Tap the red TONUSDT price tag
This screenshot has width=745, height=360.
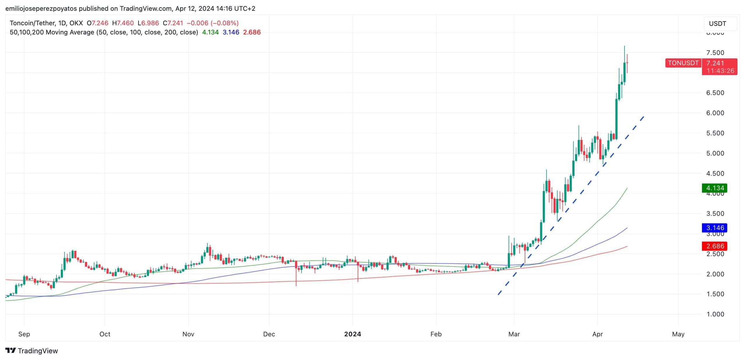(x=683, y=63)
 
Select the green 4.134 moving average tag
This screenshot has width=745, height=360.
(x=715, y=188)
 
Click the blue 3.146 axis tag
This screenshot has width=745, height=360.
(x=715, y=228)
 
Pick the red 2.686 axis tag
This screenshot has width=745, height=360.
(x=715, y=246)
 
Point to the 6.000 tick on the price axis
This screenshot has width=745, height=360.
(x=715, y=113)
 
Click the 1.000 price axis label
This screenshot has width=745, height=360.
(x=715, y=314)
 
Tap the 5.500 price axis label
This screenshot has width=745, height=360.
(x=715, y=133)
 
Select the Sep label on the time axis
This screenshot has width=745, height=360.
(x=24, y=334)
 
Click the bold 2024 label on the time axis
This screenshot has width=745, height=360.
(x=352, y=334)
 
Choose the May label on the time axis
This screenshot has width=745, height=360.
(x=678, y=334)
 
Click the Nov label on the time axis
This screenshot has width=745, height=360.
(x=188, y=334)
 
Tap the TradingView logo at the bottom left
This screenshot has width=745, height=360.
(x=31, y=351)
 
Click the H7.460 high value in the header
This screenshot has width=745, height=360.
(x=123, y=23)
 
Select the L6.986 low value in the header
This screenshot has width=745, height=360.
(x=148, y=23)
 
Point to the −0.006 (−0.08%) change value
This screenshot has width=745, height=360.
(x=212, y=23)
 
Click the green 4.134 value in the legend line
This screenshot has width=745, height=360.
(x=210, y=32)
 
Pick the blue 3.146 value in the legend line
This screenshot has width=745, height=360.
(x=231, y=32)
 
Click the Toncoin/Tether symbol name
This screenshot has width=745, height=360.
(x=32, y=23)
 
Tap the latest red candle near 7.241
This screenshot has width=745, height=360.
(x=627, y=63)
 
